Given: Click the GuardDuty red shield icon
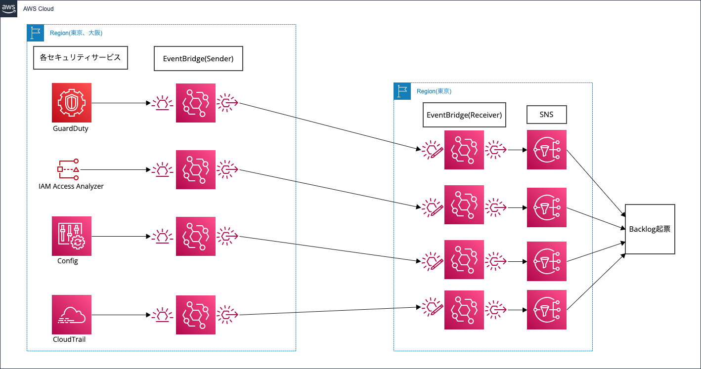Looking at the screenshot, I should tap(72, 103).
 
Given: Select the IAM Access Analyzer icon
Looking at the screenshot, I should tap(68, 169).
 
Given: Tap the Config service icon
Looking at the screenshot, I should tap(72, 236).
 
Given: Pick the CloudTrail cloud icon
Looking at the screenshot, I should tap(72, 315).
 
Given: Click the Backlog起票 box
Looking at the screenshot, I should tap(650, 229).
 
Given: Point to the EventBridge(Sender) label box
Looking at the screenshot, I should tap(198, 58).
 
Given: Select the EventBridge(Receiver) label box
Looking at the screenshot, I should tap(464, 115).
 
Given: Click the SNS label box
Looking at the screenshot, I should tap(546, 115).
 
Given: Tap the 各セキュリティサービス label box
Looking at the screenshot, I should tap(80, 57).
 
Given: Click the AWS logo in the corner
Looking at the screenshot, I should tap(9, 9).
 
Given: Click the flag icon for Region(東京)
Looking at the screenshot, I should tap(402, 91).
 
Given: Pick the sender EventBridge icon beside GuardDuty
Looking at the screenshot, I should tap(196, 103).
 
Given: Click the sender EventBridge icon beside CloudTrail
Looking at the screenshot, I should tap(196, 315).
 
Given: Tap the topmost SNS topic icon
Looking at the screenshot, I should tap(546, 150).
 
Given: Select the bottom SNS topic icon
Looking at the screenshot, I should tap(546, 310).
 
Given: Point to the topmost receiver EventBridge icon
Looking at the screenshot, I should tap(464, 150).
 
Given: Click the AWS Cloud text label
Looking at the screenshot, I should tap(39, 9).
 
